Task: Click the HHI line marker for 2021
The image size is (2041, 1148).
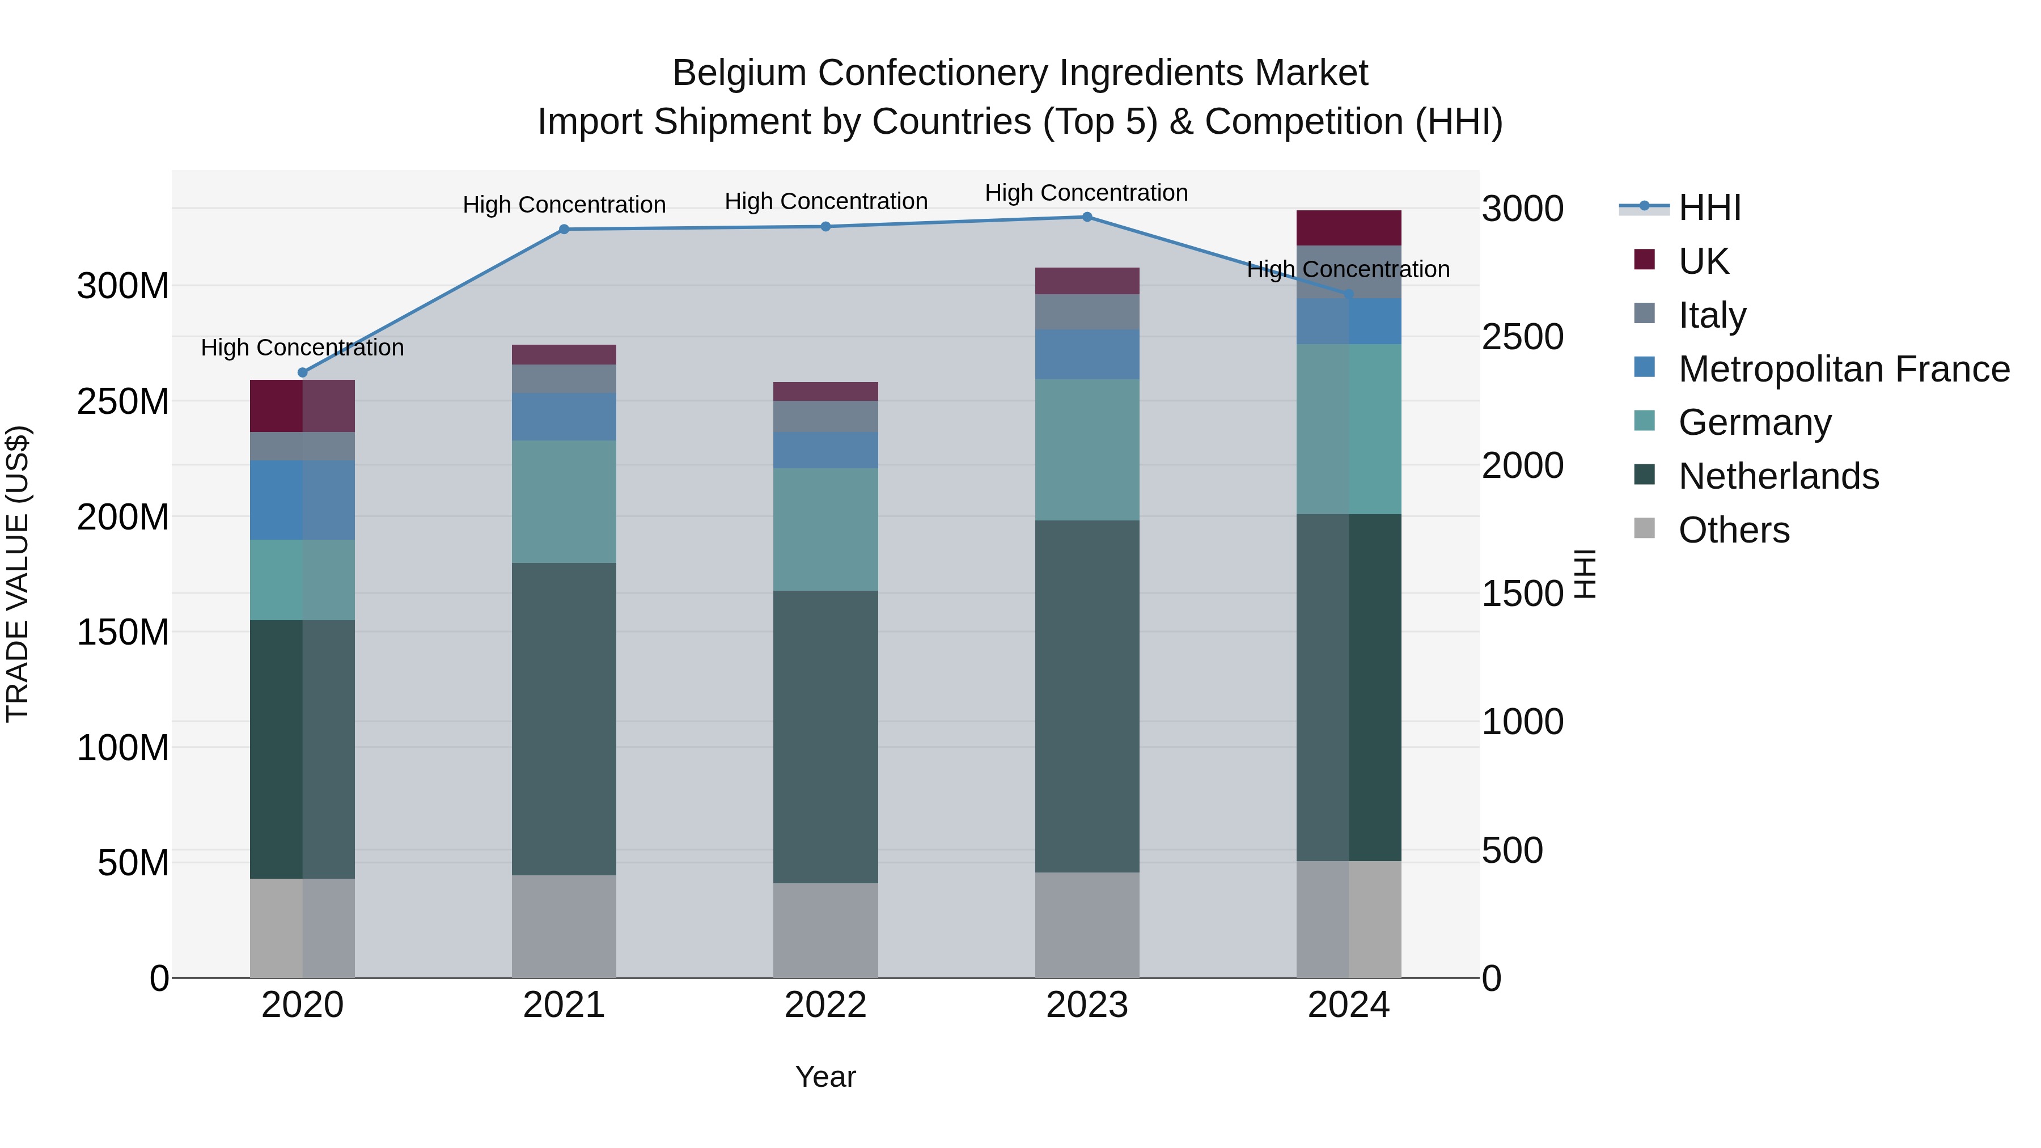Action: [x=564, y=230]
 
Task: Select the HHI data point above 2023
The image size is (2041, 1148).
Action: [x=1087, y=217]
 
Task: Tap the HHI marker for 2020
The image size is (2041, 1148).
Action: [x=303, y=372]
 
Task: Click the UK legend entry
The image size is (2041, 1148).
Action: [x=1704, y=261]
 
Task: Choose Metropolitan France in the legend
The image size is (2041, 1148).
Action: [x=1843, y=369]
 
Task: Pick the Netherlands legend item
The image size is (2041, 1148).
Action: [x=1778, y=476]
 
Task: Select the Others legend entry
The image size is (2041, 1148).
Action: [x=1734, y=530]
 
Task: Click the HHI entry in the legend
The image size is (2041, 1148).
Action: [x=1709, y=207]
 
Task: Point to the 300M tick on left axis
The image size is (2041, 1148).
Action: [x=123, y=286]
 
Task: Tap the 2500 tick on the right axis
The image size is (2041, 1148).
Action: [x=1522, y=337]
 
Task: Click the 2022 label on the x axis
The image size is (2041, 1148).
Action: [x=825, y=1005]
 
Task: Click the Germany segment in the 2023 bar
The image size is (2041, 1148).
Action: [x=1087, y=449]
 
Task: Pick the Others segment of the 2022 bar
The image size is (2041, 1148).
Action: [x=825, y=930]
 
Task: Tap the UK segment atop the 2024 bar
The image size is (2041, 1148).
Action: [x=1349, y=228]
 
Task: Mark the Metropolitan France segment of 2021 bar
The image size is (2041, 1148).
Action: [x=564, y=417]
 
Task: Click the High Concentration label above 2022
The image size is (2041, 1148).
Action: [x=825, y=201]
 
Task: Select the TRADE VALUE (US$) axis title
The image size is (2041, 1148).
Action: [x=18, y=574]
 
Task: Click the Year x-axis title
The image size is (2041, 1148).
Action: [x=825, y=1077]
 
